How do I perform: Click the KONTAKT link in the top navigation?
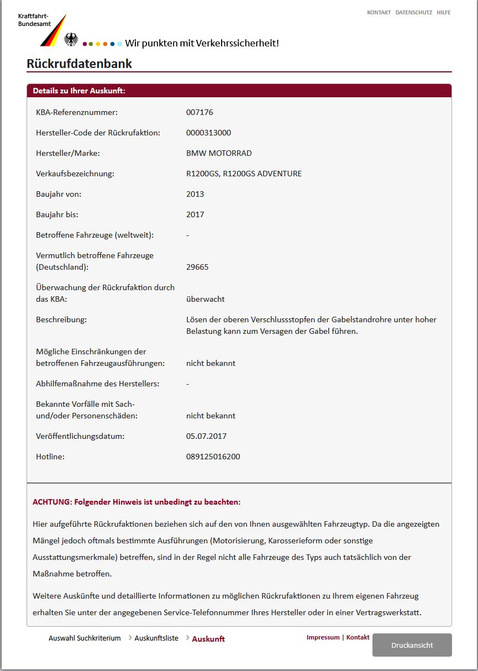[x=379, y=12]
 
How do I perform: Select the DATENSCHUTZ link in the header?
[x=414, y=12]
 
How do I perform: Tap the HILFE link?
[x=443, y=12]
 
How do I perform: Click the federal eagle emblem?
[x=71, y=39]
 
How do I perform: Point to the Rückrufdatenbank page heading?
[x=79, y=64]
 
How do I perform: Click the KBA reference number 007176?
[x=199, y=112]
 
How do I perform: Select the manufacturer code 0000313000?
[x=208, y=133]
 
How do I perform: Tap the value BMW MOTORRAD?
[x=219, y=153]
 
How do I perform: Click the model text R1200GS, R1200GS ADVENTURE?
[x=244, y=174]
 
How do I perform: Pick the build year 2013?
[x=195, y=194]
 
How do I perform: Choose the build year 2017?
[x=195, y=214]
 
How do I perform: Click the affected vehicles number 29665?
[x=197, y=267]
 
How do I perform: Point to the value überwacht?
[x=205, y=299]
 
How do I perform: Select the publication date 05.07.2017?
[x=206, y=436]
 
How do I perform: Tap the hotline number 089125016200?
[x=213, y=457]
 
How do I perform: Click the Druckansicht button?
[x=412, y=645]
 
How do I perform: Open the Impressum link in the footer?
[x=323, y=637]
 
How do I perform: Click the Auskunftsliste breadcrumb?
[x=156, y=638]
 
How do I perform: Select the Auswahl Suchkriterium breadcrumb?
[x=85, y=638]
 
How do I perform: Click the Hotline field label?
[x=50, y=457]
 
